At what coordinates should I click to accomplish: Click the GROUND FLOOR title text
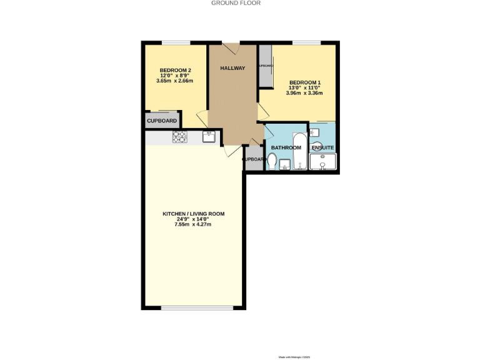[x=236, y=3]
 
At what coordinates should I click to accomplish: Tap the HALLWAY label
[x=232, y=68]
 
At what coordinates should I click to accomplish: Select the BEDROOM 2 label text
[x=175, y=69]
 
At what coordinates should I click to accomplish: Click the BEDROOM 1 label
[x=304, y=82]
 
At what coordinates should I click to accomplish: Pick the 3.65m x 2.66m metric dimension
[x=175, y=81]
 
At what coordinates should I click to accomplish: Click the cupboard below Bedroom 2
[x=162, y=121]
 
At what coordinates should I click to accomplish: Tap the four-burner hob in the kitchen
[x=181, y=137]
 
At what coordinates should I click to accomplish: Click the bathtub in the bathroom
[x=301, y=152]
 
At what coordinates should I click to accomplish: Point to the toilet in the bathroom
[x=272, y=161]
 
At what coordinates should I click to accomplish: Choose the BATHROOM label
[x=286, y=147]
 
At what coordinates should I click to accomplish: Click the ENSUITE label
[x=323, y=148]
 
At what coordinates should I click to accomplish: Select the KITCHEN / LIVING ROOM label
[x=193, y=214]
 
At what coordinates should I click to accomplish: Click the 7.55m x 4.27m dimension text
[x=193, y=224]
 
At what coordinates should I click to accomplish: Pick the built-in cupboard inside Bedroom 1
[x=266, y=66]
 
